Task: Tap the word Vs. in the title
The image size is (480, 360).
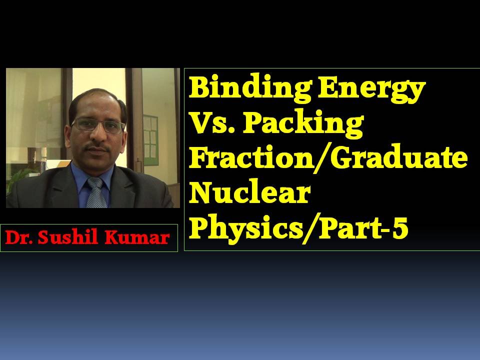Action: pyautogui.click(x=212, y=122)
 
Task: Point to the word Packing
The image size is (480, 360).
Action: pyautogui.click(x=302, y=123)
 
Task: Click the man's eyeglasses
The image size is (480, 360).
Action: pyautogui.click(x=98, y=125)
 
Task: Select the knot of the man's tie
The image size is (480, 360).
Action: pyautogui.click(x=95, y=183)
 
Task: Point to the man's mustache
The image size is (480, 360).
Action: pyautogui.click(x=96, y=148)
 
